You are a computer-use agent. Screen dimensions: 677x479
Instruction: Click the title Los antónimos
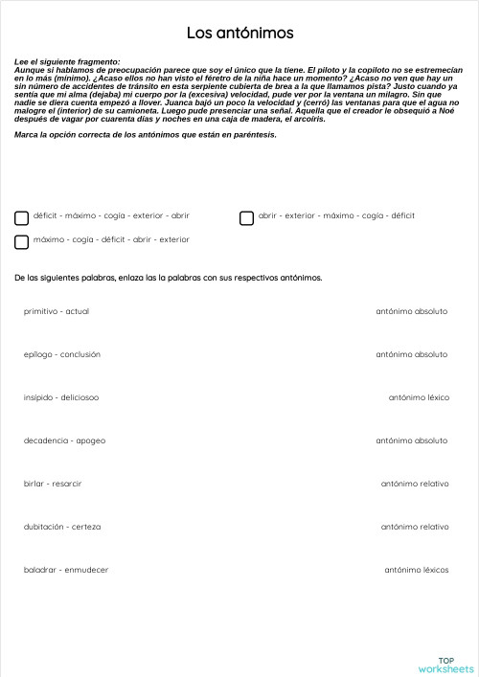(239, 34)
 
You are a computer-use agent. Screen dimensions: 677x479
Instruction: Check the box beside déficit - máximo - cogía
(22, 217)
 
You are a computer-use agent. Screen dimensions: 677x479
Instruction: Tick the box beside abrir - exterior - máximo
(246, 217)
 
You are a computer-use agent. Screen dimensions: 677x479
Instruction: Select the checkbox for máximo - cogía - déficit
(22, 241)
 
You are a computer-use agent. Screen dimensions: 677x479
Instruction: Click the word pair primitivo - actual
(57, 311)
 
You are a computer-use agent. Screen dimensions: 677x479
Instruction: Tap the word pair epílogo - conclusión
(62, 354)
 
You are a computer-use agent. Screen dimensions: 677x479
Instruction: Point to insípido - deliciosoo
(61, 397)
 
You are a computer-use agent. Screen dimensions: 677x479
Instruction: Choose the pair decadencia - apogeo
(64, 440)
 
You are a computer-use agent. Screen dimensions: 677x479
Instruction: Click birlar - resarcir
(53, 484)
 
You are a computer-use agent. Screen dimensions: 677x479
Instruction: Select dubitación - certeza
(62, 527)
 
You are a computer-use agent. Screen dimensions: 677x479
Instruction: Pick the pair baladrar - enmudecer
(66, 570)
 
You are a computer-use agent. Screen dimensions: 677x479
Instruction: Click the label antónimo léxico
(419, 397)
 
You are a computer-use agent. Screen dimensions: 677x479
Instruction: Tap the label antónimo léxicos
(417, 570)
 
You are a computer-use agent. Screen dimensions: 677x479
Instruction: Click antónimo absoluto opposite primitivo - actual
(412, 311)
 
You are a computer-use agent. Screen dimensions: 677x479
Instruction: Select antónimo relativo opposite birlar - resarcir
(415, 484)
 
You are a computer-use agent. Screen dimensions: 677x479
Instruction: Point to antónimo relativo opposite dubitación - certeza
(415, 527)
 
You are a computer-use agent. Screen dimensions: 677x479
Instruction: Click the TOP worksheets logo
(445, 664)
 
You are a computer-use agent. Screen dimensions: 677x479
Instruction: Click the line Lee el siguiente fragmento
(68, 61)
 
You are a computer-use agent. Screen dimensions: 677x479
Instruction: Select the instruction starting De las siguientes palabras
(169, 278)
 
